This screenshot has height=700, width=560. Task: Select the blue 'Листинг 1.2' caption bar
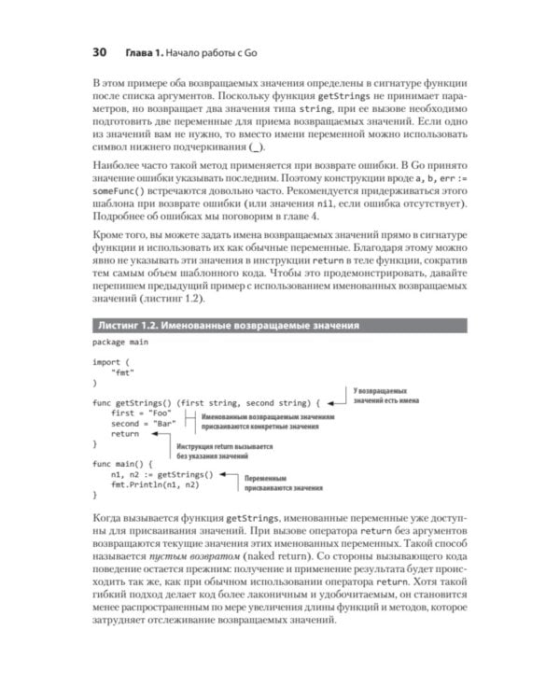click(x=280, y=325)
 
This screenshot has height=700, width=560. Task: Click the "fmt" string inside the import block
click(x=120, y=371)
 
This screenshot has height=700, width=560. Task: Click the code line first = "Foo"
click(x=137, y=412)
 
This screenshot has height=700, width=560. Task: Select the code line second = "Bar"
click(x=141, y=423)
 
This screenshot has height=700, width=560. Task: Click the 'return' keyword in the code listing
click(x=124, y=434)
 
